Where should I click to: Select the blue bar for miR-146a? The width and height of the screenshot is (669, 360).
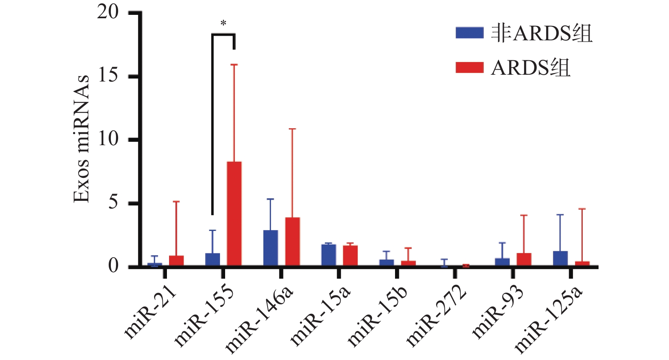[x=271, y=248]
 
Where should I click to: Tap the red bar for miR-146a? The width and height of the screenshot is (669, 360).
[x=293, y=242]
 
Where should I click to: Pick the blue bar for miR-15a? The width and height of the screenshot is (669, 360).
[x=329, y=255]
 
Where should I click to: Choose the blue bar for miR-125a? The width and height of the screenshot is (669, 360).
[x=560, y=259]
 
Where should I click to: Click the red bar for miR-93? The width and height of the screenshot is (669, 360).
[x=524, y=259]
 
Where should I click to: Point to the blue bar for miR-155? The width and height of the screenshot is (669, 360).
[x=212, y=259]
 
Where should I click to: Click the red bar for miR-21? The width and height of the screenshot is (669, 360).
[x=176, y=261]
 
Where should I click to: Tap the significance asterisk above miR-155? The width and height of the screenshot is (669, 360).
[x=223, y=24]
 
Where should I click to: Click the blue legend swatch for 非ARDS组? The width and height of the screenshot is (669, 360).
[x=469, y=33]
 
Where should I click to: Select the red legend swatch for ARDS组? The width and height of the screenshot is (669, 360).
[x=469, y=67]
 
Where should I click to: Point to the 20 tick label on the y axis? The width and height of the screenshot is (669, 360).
[x=108, y=12]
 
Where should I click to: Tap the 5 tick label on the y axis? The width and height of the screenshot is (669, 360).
[x=113, y=202]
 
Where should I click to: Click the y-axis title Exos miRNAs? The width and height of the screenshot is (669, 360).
[x=82, y=139]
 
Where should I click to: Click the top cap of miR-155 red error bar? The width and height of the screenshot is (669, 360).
[x=234, y=65]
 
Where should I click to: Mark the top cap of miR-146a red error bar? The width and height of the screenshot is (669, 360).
[x=293, y=129]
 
